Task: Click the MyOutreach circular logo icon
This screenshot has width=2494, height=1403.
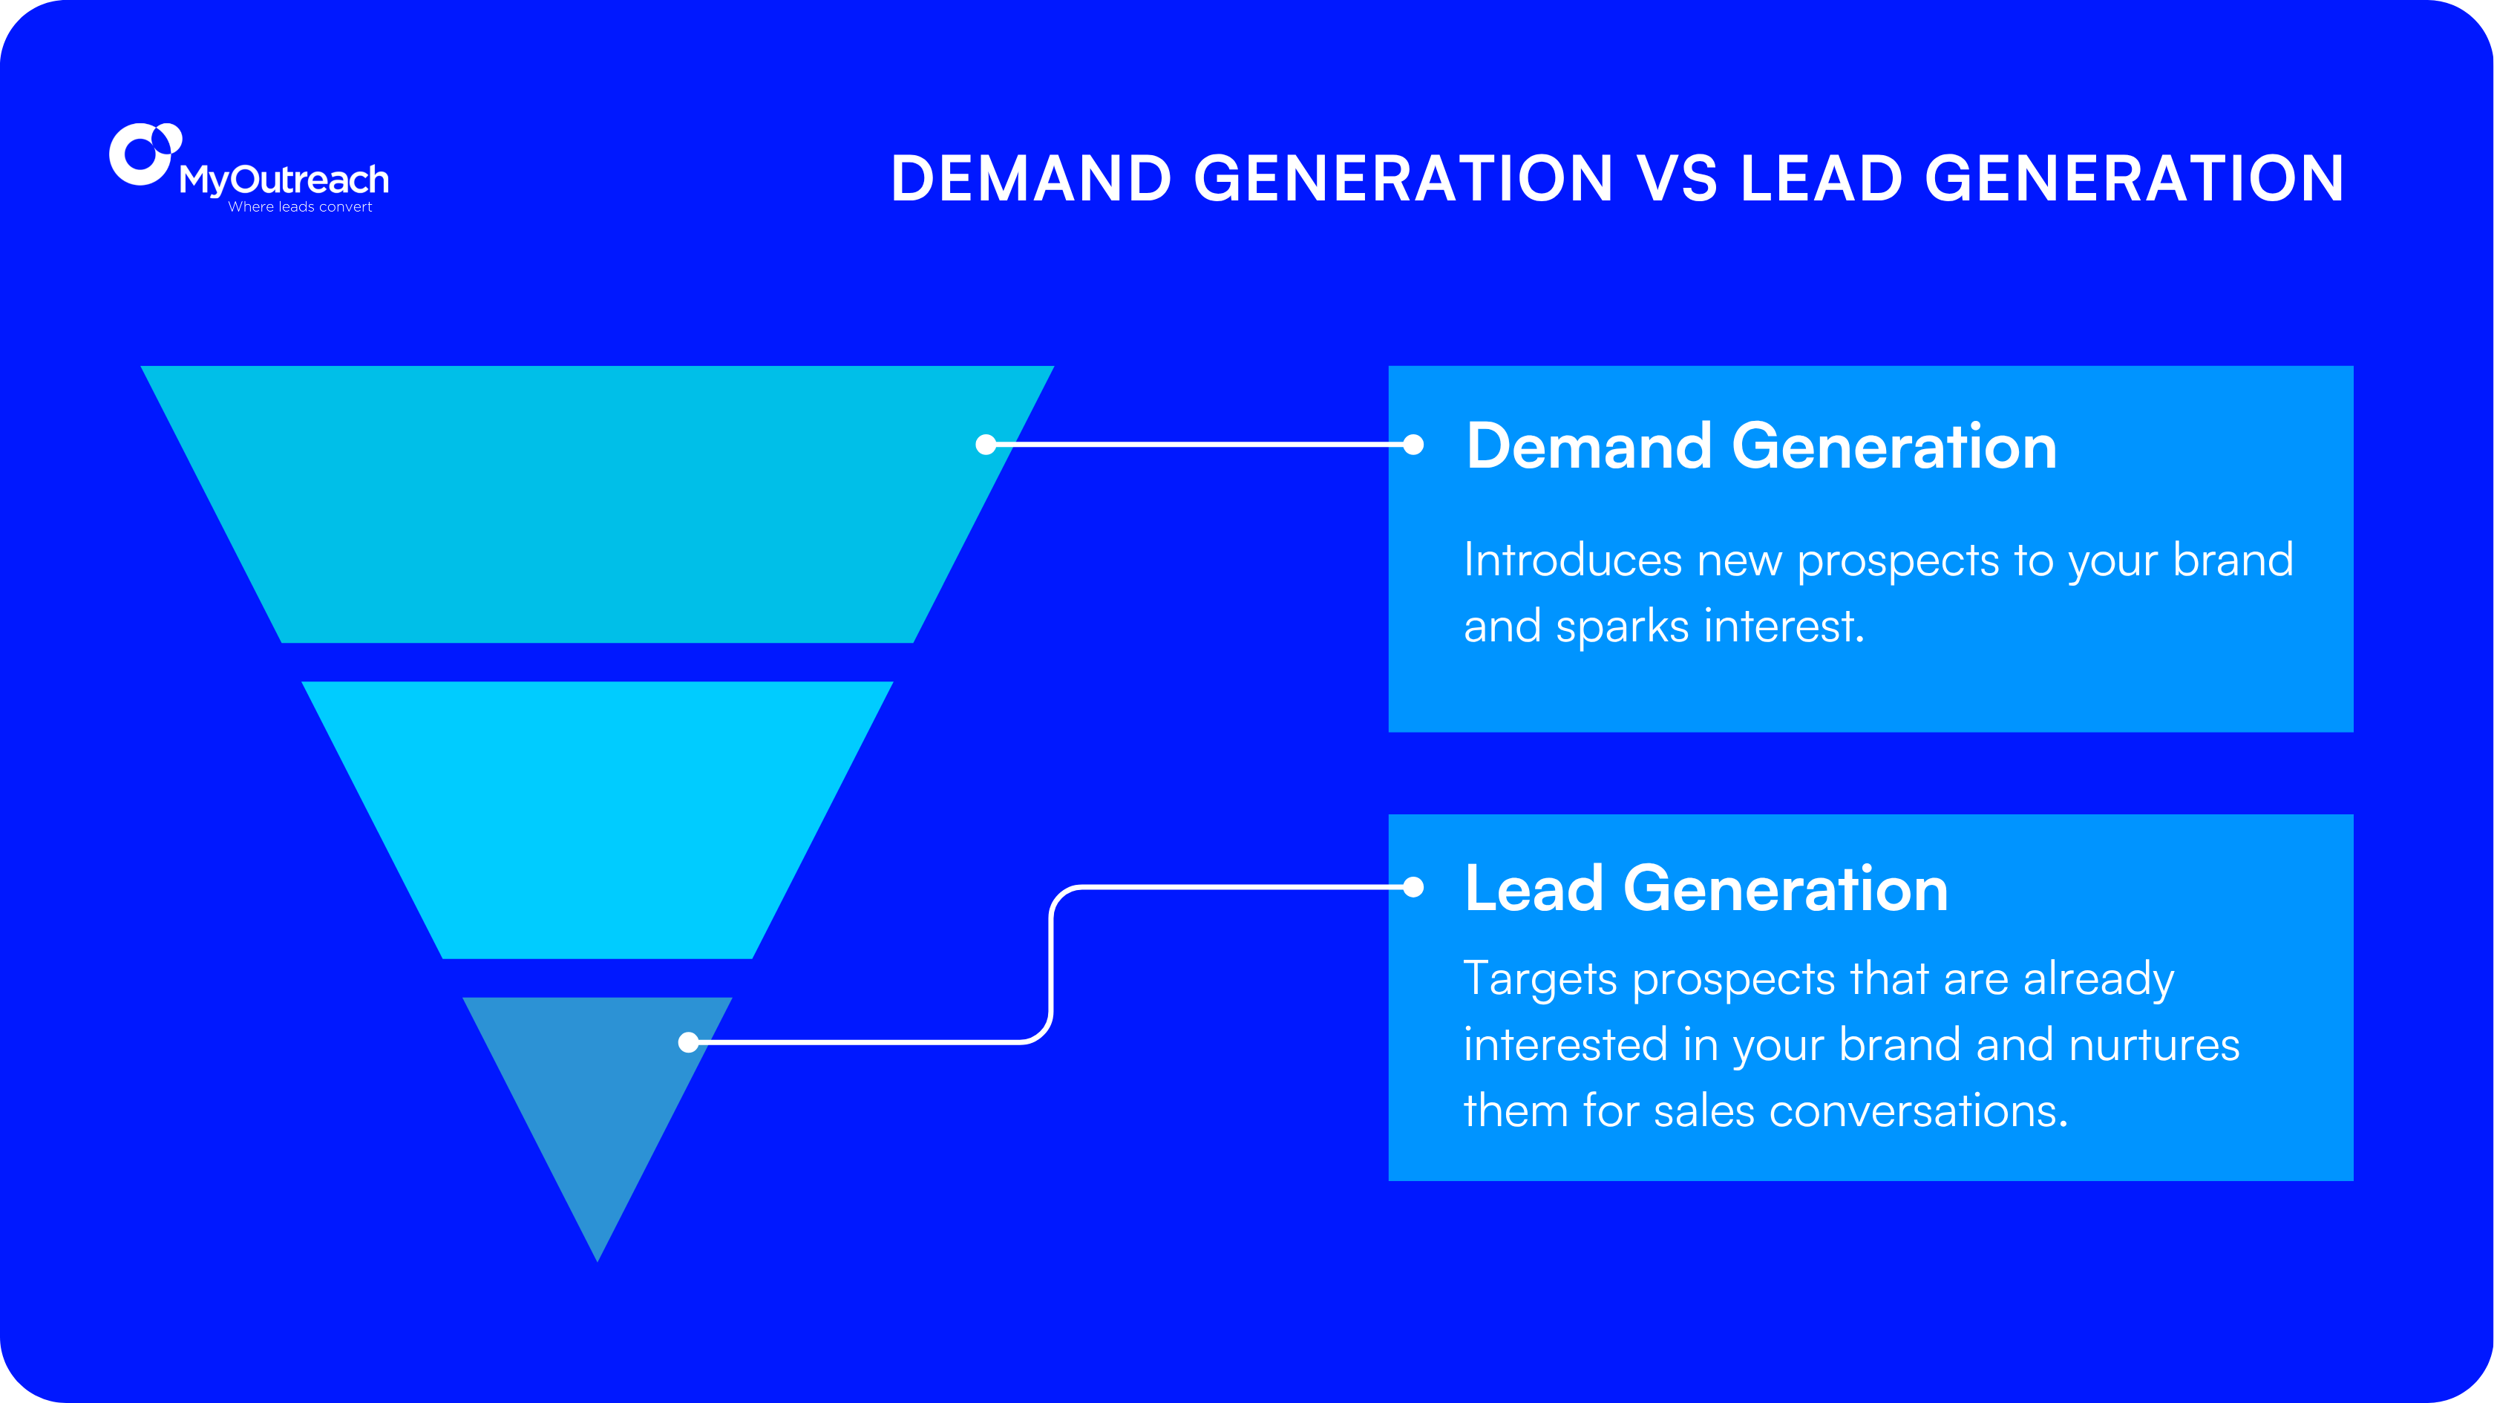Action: (144, 153)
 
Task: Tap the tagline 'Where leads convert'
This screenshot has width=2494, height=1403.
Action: (300, 207)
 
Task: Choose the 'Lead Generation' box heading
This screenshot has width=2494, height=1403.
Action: (1706, 889)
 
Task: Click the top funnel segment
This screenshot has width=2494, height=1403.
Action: (598, 503)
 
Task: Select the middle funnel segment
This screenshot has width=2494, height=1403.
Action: (598, 819)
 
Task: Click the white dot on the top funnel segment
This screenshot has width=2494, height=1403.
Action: (986, 445)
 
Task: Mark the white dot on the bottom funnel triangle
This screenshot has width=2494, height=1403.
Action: (688, 1041)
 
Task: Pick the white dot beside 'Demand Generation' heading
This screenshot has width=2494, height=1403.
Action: (1413, 445)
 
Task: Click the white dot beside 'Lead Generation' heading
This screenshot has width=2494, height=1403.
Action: (1413, 887)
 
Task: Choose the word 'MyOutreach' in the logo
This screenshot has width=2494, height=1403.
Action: (284, 180)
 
